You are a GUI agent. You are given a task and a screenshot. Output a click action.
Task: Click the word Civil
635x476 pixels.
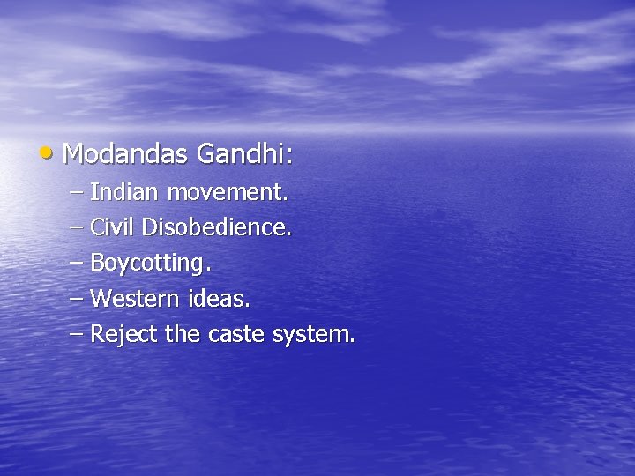point(113,227)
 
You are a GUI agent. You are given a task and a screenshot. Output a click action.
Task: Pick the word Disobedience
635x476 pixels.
point(216,227)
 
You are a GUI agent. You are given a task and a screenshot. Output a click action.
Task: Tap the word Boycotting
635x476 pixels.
point(150,264)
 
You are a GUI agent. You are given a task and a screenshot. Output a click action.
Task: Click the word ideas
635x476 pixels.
point(220,299)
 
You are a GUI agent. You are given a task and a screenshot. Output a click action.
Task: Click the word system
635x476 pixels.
point(315,335)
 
